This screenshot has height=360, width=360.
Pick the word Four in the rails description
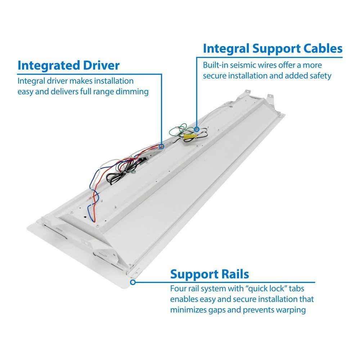[x=178, y=288]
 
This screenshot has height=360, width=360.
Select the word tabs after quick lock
[x=300, y=288]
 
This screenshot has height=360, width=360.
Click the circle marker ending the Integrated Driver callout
[x=161, y=147]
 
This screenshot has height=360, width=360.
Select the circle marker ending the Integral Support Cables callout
[x=197, y=129]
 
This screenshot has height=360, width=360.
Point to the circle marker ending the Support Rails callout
[x=133, y=283]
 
